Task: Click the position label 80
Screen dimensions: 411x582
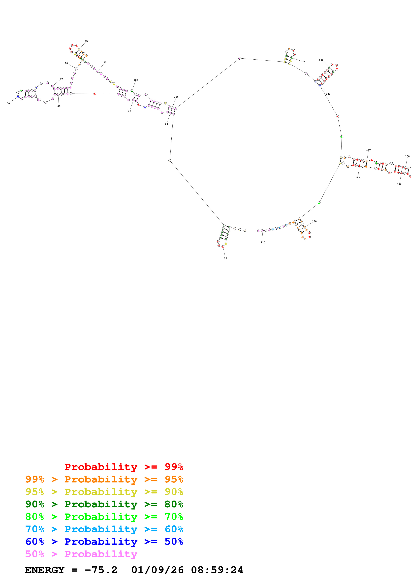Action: tap(87, 41)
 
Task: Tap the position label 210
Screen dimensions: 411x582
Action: tap(263, 242)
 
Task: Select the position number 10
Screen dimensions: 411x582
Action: tap(225, 258)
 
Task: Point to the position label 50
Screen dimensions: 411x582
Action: tap(8, 103)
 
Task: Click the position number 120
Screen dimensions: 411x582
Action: tap(303, 62)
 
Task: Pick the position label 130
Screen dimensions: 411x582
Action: tap(321, 60)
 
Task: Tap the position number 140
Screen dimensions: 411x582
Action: tap(328, 94)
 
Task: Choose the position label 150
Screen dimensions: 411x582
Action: tap(368, 150)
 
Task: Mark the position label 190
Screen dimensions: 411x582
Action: tap(314, 221)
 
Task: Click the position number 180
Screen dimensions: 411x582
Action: tap(358, 178)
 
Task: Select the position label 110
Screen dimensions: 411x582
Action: tap(176, 97)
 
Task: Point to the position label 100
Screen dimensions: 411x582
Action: tap(136, 80)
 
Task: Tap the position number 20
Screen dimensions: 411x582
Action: tap(166, 124)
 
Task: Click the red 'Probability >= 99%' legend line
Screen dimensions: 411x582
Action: tap(124, 467)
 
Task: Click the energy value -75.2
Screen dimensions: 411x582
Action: tap(101, 570)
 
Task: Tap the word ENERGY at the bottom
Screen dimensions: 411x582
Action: tap(45, 570)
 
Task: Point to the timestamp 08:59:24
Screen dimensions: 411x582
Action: tap(217, 570)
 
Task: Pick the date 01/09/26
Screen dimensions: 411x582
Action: tap(158, 570)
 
